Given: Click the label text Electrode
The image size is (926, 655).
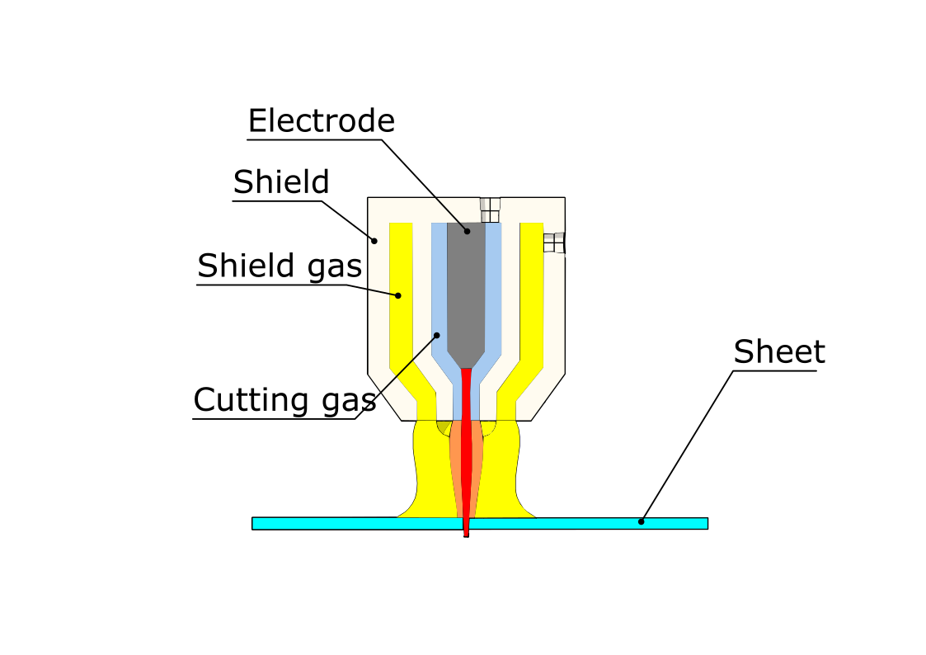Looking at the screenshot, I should [x=321, y=121].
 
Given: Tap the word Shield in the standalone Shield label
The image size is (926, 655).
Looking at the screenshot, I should [x=281, y=181].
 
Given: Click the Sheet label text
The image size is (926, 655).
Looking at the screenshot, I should [x=778, y=352].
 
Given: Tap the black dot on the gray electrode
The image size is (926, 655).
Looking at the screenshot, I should [x=467, y=231].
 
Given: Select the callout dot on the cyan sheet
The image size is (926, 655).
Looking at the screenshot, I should [x=642, y=521].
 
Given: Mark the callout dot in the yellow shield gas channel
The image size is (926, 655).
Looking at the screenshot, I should [x=397, y=295].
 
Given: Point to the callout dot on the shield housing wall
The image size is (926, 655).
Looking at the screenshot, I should [x=374, y=241].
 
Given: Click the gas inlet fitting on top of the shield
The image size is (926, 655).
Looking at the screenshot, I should [x=490, y=210].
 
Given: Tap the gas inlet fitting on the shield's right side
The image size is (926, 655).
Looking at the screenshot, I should [x=554, y=243].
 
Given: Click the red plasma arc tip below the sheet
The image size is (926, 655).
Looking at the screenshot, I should [x=466, y=533].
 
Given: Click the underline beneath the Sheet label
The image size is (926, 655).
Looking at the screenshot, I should [x=775, y=370].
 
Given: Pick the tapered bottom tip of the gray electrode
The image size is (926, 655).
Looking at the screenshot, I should [x=466, y=362].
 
